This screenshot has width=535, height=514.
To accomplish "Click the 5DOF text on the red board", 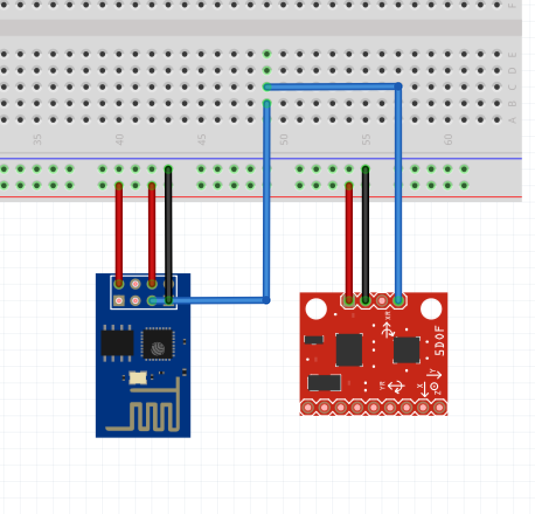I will click(x=440, y=341).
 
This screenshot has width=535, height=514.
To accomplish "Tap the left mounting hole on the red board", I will click(x=316, y=308).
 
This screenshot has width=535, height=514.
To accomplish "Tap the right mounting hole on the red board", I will click(x=431, y=308).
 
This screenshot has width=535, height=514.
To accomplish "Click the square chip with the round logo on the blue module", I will click(x=158, y=343).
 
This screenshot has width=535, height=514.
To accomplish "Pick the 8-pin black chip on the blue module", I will click(x=117, y=342).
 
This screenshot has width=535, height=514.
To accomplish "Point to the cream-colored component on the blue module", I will click(x=138, y=377).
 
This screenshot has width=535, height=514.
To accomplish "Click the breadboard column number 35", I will click(x=38, y=140).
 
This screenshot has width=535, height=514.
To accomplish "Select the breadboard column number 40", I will click(x=120, y=140).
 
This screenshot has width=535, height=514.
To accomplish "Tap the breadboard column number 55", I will click(x=366, y=140).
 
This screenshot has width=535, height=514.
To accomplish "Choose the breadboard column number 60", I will click(x=449, y=140).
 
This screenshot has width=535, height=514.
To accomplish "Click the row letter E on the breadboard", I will click(x=513, y=54).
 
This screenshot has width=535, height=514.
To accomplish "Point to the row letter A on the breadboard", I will click(x=513, y=120).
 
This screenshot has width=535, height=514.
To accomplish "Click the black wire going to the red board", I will click(x=366, y=234).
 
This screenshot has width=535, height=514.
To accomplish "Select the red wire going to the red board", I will click(x=349, y=239).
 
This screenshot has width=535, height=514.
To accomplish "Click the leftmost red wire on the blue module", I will click(x=119, y=234).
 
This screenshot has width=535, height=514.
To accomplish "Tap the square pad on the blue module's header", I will click(x=119, y=301).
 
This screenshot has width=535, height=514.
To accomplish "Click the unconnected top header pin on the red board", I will click(x=382, y=301).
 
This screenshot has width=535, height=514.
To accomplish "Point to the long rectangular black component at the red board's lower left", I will click(x=324, y=383).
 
